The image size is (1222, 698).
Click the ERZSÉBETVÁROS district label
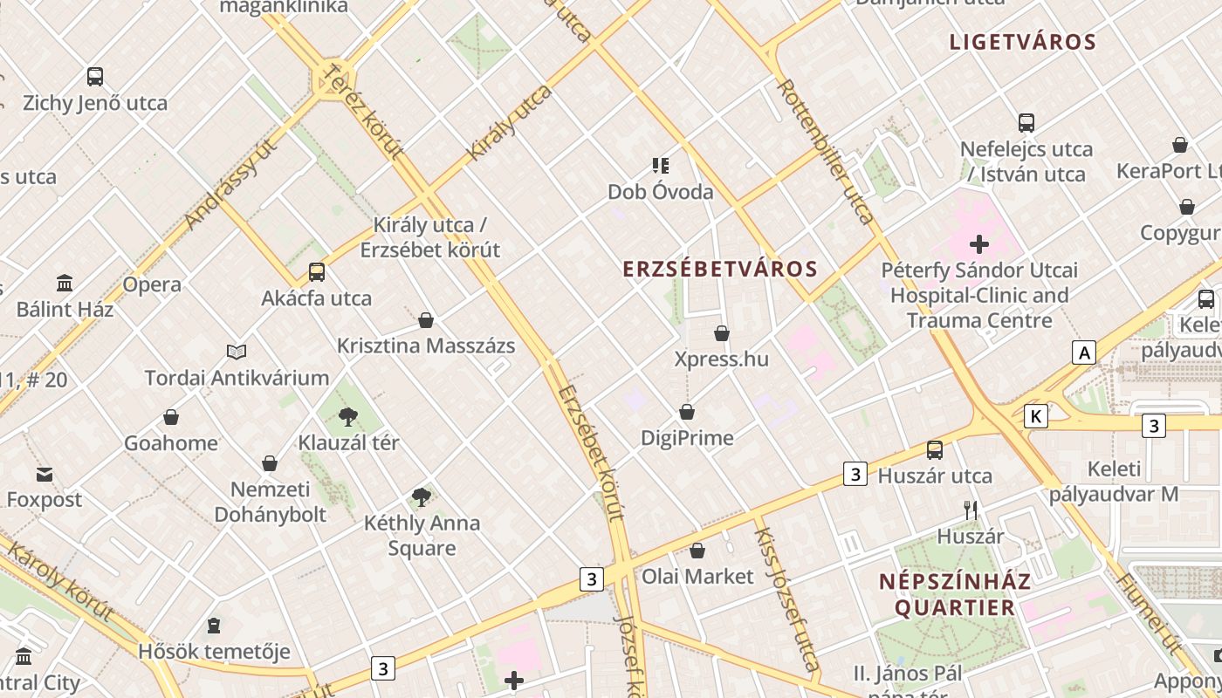click(720, 269)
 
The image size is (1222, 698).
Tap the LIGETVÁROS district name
click(1022, 42)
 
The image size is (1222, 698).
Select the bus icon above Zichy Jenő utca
click(95, 77)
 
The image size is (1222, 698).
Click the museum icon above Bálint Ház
click(65, 284)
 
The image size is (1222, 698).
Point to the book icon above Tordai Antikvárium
click(237, 352)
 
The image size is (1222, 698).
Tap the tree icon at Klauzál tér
click(348, 417)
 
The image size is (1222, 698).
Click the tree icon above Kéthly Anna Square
click(422, 497)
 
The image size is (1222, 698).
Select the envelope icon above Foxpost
click(44, 475)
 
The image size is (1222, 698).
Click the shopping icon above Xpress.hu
click(722, 333)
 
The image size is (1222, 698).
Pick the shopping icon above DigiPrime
click(687, 412)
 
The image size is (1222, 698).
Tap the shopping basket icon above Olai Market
click(697, 551)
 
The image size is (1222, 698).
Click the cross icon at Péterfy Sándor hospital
click(979, 244)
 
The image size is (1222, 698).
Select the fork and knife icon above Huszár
click(971, 510)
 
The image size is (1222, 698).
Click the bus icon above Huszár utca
click(935, 450)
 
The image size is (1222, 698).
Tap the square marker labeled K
click(1035, 416)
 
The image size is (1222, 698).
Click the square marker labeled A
click(1084, 352)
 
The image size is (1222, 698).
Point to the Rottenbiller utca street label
click(825, 151)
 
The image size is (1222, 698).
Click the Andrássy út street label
click(231, 184)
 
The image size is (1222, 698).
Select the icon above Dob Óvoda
click(660, 165)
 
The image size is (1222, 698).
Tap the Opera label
click(152, 284)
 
